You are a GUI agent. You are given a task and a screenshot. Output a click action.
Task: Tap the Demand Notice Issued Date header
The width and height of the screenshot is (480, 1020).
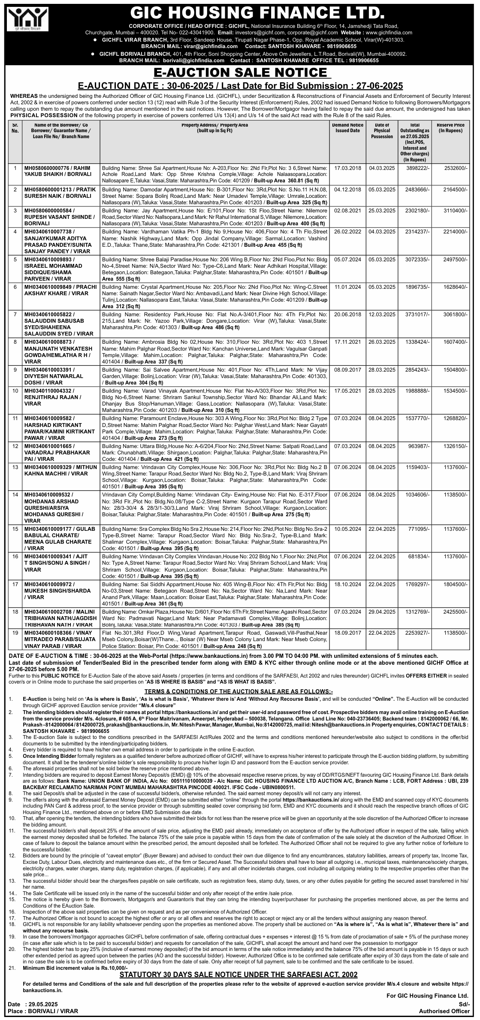[x=347, y=127]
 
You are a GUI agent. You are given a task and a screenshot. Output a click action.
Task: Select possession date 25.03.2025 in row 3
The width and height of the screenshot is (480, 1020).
[x=382, y=210]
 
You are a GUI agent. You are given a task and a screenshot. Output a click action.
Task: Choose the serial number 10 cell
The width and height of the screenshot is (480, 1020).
[x=15, y=391]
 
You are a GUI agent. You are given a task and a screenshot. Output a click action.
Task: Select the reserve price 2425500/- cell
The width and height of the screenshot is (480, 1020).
[x=456, y=611]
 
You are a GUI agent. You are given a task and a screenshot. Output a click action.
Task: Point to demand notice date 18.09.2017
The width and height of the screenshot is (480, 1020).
[x=347, y=633]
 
